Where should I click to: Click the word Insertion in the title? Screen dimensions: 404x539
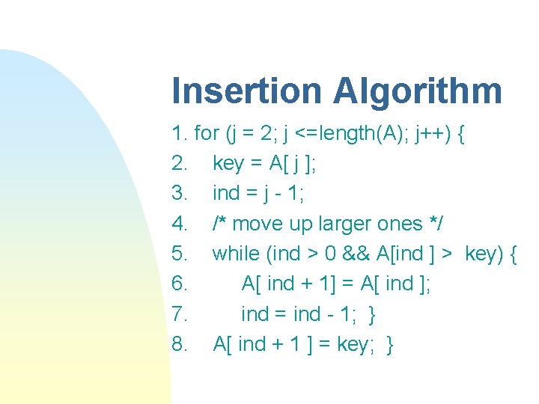click(246, 91)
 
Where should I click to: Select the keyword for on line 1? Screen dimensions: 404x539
click(206, 134)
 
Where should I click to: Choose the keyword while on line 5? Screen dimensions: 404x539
click(236, 254)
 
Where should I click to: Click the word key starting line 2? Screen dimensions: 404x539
click(228, 164)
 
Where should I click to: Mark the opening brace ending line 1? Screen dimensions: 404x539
click(461, 135)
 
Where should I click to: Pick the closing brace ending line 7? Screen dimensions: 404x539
click(372, 315)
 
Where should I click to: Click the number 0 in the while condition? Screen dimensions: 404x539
click(330, 254)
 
